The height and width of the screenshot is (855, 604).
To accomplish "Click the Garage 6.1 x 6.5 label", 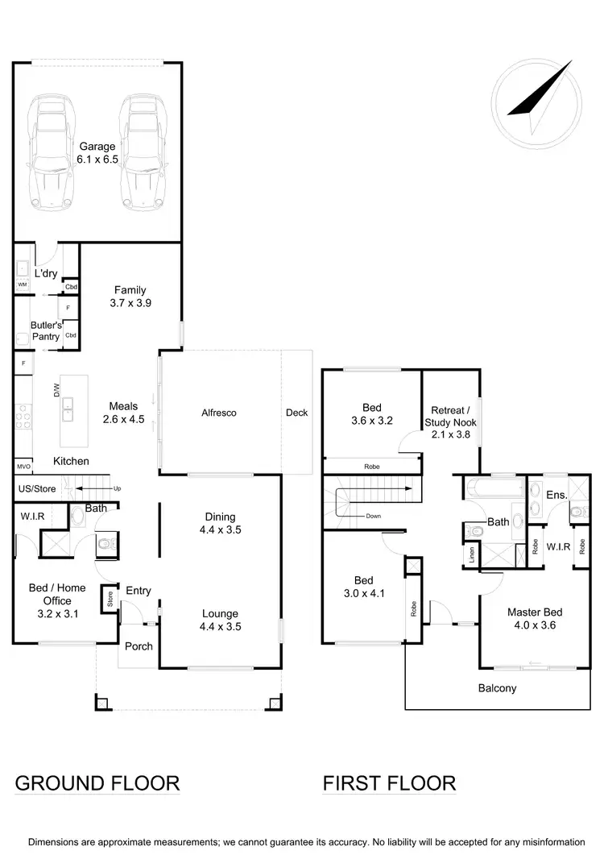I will pos(97,153).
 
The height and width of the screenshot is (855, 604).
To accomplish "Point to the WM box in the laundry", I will pos(22,284).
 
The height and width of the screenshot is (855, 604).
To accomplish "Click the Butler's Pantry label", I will pos(45,330).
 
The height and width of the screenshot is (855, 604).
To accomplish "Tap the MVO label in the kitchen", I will pos(23,467).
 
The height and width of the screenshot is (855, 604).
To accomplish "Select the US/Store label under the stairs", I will pos(37,488).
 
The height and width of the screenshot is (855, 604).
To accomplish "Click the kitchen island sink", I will pos(68,409).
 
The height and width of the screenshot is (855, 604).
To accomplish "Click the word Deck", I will pos(296,413).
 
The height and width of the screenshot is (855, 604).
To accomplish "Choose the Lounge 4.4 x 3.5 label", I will pos(220,620).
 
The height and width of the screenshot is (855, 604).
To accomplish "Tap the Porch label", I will pos(139,646).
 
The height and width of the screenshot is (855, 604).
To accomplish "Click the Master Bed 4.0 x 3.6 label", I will pos(531,618).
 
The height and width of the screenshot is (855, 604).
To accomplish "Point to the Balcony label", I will pos(497,688).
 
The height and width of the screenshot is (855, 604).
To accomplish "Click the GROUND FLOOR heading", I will pos(97,782).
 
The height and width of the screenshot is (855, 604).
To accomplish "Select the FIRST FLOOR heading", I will pos(389,782).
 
